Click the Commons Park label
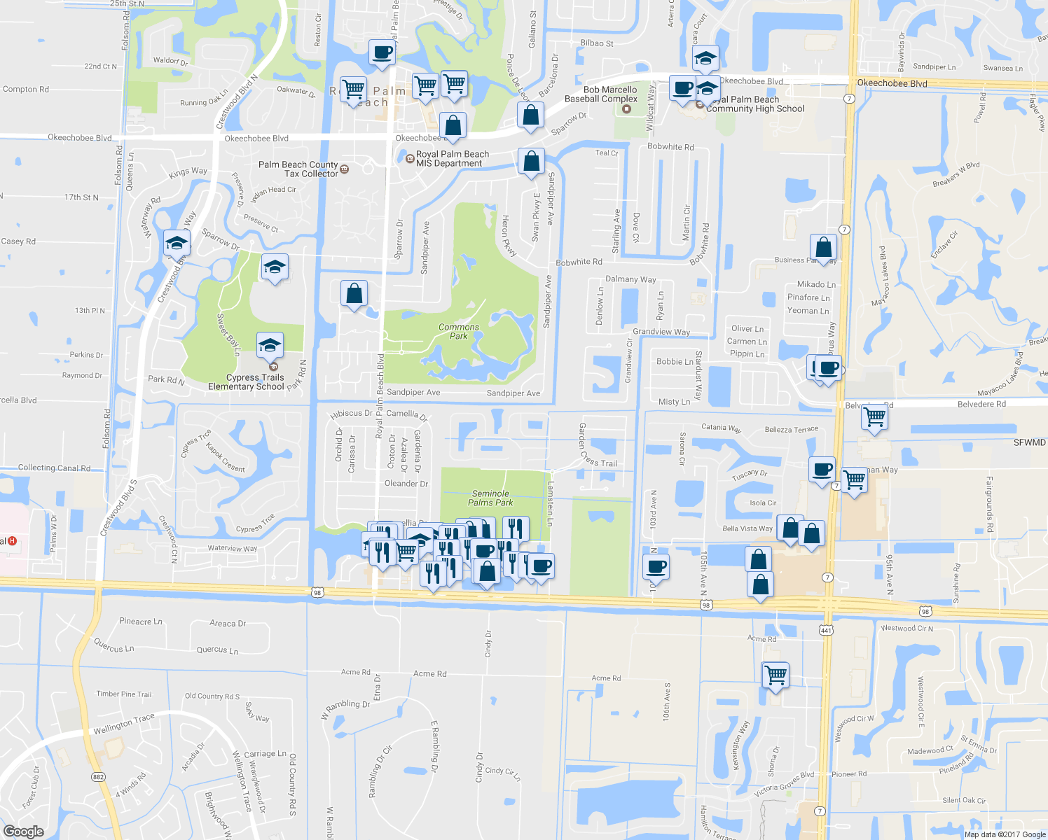pos(459,332)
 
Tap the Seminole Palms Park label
pos(490,498)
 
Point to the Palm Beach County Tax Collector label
pos(298,169)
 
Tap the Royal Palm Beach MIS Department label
pos(452,159)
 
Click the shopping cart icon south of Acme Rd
pos(775,675)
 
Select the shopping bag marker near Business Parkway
pos(824,247)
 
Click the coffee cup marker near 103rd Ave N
pos(656,566)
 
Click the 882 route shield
pos(98,776)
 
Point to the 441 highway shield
pos(826,630)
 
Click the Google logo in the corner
pos(23,831)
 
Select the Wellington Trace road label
pos(124,724)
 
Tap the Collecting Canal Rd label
pos(54,468)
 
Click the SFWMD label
pos(1029,442)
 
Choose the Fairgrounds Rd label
pos(989,504)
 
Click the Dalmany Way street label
pos(630,279)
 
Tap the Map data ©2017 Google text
pos(1005,834)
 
